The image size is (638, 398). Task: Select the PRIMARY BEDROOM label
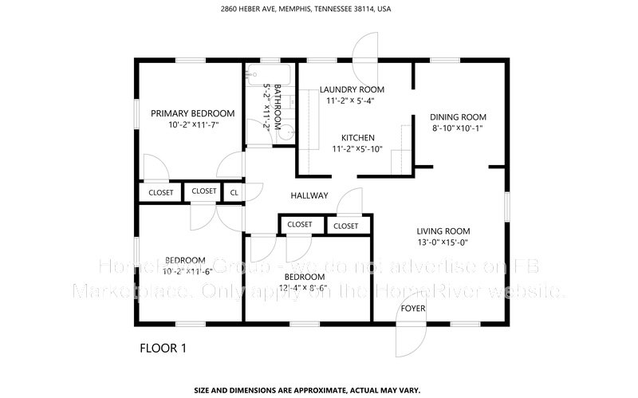click(192, 113)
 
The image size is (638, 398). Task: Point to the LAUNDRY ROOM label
click(352, 89)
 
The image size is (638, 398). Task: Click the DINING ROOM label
click(458, 116)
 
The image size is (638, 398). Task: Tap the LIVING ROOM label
click(443, 231)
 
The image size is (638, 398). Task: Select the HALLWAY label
click(309, 195)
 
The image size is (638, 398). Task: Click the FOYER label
click(412, 308)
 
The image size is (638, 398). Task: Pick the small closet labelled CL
click(234, 192)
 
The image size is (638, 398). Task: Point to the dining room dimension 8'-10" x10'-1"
click(458, 127)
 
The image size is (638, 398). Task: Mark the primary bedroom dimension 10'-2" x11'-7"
click(192, 125)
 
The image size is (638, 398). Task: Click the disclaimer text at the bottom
click(320, 391)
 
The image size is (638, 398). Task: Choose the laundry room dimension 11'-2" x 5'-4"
click(351, 100)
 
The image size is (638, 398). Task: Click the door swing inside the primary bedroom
click(154, 168)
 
